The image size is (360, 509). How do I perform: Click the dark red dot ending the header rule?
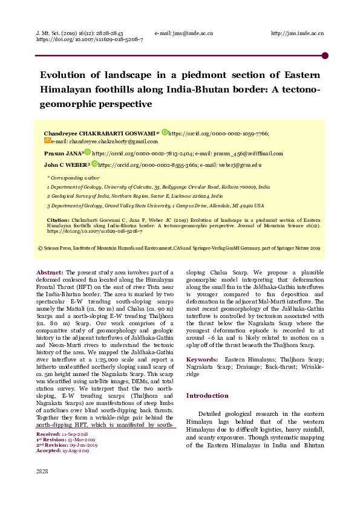(325, 56)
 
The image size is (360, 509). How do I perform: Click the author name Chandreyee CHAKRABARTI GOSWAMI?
(99, 133)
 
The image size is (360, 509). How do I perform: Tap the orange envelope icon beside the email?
(48, 141)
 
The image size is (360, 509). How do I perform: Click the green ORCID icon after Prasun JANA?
(87, 153)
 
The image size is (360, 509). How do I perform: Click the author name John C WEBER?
(67, 164)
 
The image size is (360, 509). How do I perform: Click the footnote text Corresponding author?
(75, 178)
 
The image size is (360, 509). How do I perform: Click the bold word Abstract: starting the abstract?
(50, 273)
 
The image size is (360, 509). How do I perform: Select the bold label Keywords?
(202, 359)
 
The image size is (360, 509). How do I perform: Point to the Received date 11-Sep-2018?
(76, 434)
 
